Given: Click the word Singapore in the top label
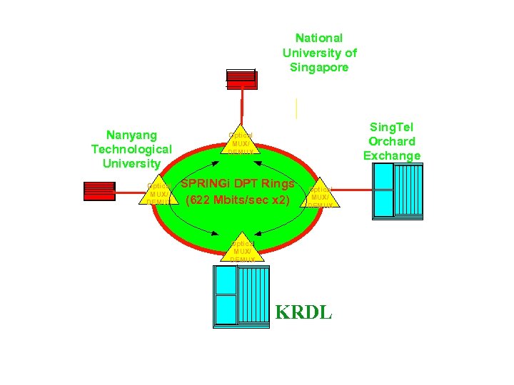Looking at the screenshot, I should [319, 68].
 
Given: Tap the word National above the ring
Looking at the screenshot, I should [319, 38].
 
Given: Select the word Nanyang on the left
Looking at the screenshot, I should [131, 134].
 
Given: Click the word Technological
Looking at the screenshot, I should [131, 149].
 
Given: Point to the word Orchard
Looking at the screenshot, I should [392, 141].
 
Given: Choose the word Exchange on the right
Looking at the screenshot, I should [392, 156].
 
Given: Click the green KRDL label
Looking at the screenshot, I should [303, 312].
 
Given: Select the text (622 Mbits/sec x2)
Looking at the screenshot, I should [238, 200].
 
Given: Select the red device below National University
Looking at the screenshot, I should [241, 78].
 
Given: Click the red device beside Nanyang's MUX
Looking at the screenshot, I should [99, 190].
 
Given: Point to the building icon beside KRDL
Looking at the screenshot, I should [241, 296].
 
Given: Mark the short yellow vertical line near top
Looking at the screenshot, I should [296, 108].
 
